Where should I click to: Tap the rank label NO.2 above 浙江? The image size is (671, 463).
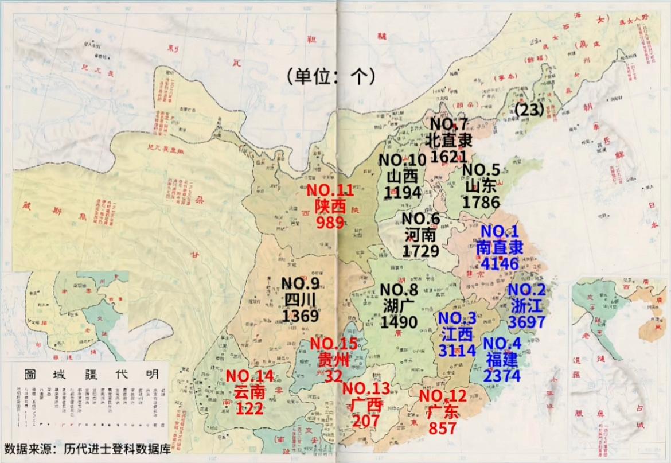(x=526, y=290)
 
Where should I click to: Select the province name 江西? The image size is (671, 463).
(x=457, y=334)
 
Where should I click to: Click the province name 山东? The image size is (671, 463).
(x=481, y=186)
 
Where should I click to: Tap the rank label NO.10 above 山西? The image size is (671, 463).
(x=402, y=160)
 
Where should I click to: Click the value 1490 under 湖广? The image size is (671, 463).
(x=399, y=322)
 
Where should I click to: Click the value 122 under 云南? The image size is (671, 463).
(x=249, y=408)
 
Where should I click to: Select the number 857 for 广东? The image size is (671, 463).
(x=442, y=427)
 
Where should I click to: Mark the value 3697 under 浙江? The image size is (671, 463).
(x=526, y=322)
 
